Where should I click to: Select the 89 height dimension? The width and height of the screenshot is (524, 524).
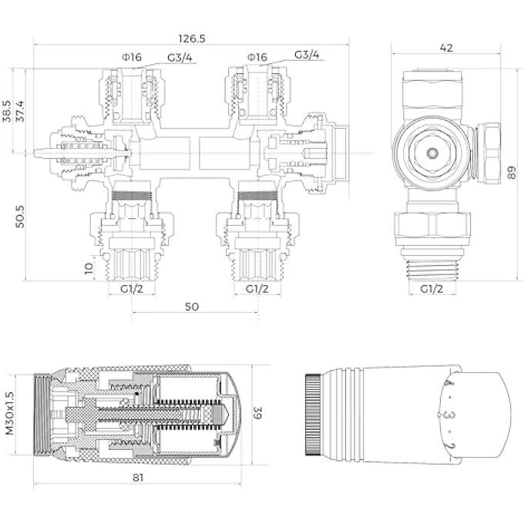[512, 172]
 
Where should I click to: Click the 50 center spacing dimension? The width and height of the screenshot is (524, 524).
[192, 306]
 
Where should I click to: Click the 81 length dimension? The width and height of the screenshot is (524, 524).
[139, 477]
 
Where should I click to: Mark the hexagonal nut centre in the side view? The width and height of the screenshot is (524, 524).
[433, 152]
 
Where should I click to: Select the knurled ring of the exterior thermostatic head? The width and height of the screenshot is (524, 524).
[314, 415]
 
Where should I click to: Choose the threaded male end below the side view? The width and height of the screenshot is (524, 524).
[432, 265]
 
